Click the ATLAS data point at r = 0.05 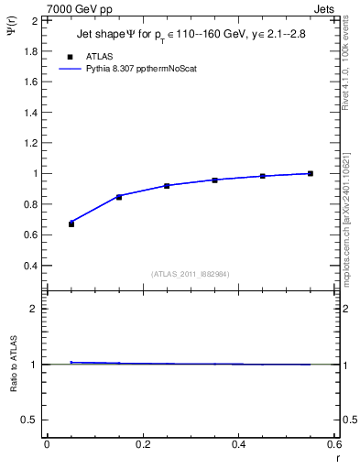tap(71, 224)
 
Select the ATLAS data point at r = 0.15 tap(119, 197)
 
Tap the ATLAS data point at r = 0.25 tap(167, 186)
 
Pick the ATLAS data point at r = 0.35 tap(214, 180)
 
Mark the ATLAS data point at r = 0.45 tap(262, 176)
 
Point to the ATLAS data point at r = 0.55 tap(311, 173)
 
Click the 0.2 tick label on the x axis tap(142, 444)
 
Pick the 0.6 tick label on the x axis tap(334, 444)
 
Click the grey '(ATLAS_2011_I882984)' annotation tap(190, 273)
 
